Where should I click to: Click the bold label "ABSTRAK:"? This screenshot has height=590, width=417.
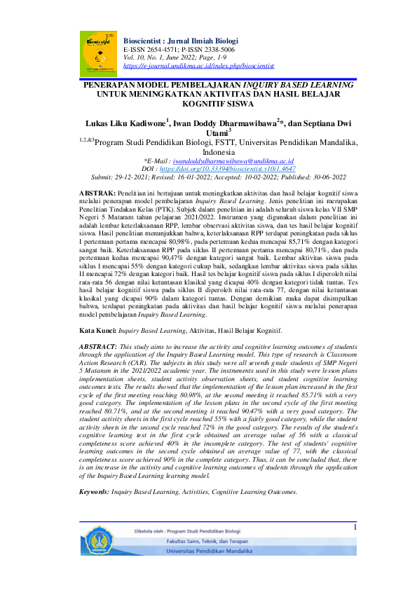(97, 192)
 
